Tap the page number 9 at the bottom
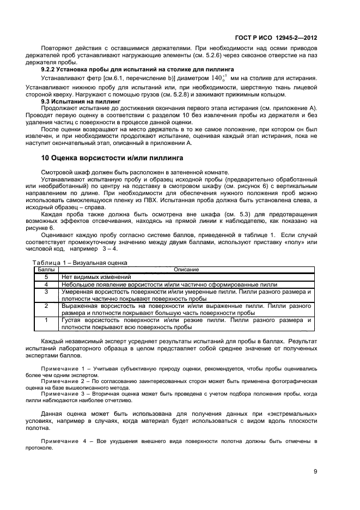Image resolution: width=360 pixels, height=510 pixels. pyautogui.click(x=315, y=472)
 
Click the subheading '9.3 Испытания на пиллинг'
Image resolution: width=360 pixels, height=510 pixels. pyautogui.click(x=80, y=101)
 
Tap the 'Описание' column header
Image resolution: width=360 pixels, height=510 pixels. pyautogui.click(x=186, y=269)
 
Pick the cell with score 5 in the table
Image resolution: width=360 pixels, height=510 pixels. pyautogui.click(x=46, y=277)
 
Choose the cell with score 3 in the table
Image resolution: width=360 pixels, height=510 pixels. pyautogui.click(x=46, y=292)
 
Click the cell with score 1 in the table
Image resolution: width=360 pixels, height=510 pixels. pyautogui.click(x=46, y=320)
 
